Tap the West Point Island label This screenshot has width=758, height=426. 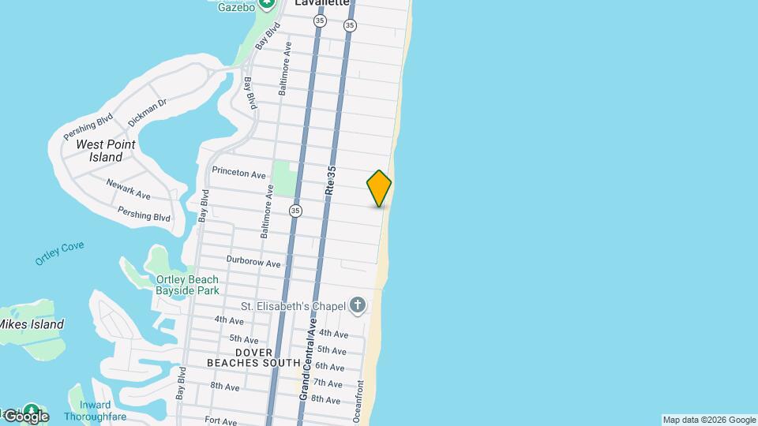(x=105, y=151)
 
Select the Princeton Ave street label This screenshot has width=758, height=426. (x=239, y=173)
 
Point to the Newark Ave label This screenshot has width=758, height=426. (x=128, y=188)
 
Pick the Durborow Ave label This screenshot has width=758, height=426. (x=253, y=261)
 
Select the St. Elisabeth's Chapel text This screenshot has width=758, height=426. (x=294, y=306)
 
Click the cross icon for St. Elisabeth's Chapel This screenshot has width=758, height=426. (x=358, y=305)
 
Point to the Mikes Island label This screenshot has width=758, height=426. (x=31, y=324)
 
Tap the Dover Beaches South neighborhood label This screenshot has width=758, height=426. (x=253, y=357)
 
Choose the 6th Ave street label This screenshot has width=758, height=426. (x=329, y=367)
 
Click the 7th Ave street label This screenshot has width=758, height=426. (x=328, y=383)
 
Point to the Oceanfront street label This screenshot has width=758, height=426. (x=360, y=402)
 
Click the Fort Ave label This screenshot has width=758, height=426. (x=221, y=420)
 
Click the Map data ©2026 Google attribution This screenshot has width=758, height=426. (x=709, y=420)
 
